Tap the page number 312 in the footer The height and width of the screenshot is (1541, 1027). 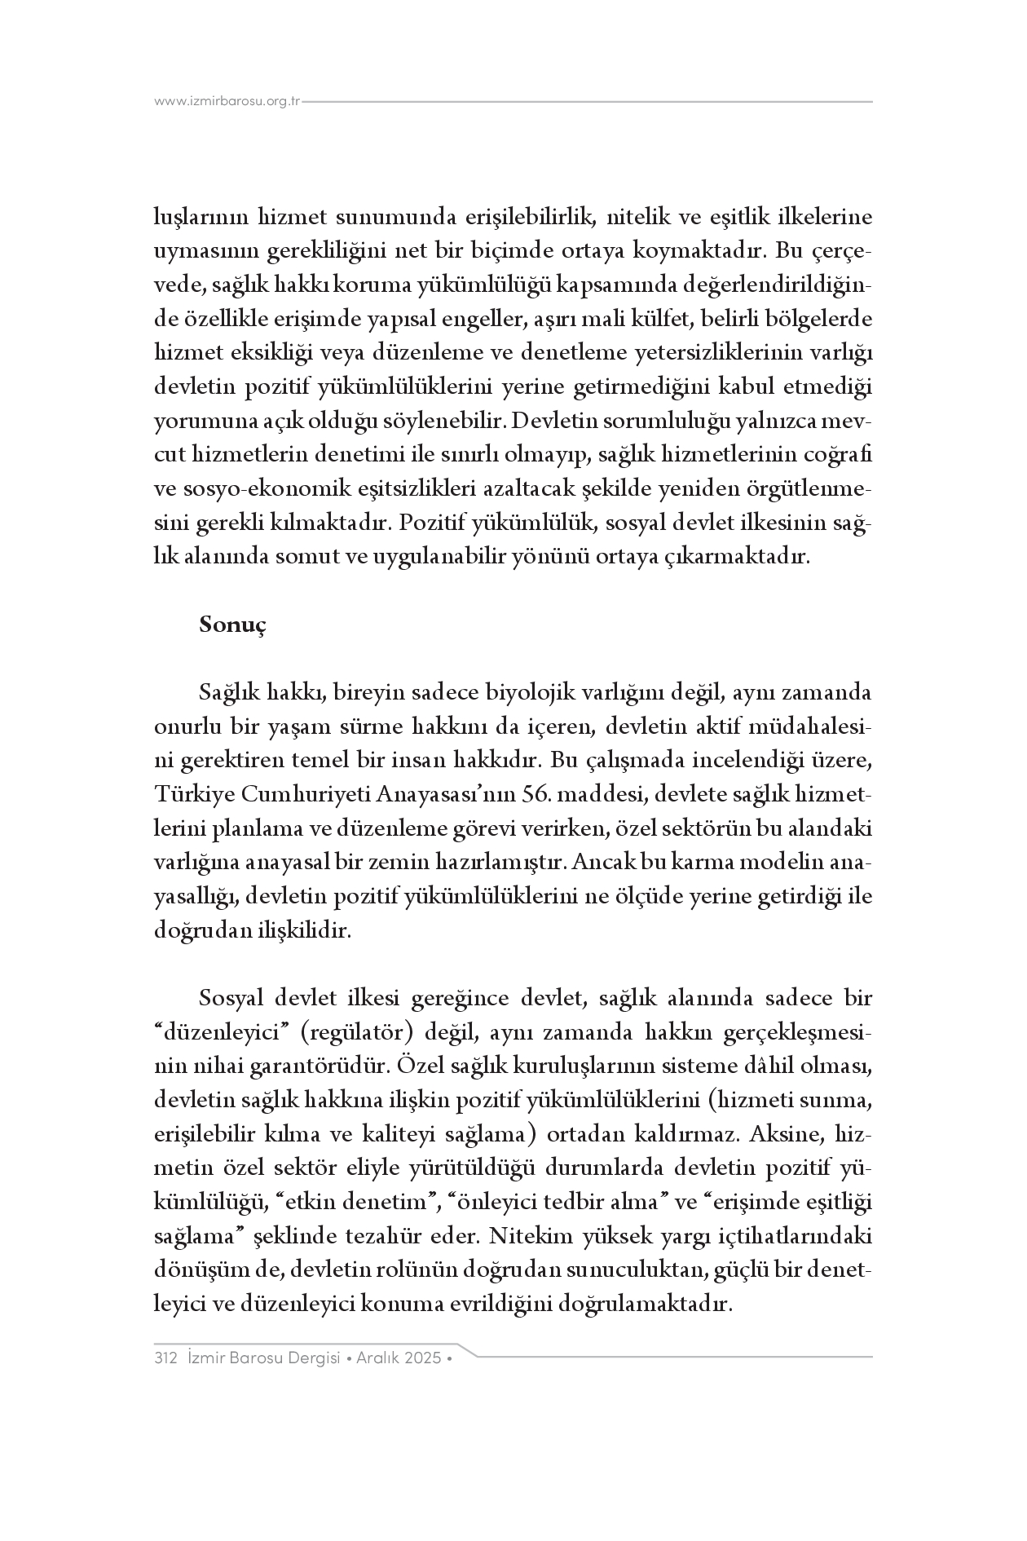click(165, 1358)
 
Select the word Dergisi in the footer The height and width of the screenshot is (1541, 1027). click(305, 1358)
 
